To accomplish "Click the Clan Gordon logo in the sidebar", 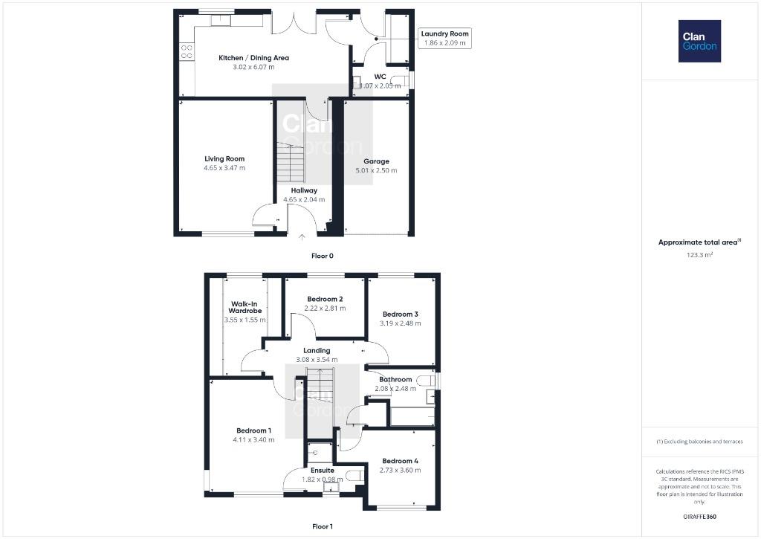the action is tap(699, 42).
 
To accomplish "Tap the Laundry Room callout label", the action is tap(444, 38).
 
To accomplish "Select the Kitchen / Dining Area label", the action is tap(254, 58).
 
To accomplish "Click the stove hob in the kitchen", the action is tap(187, 51).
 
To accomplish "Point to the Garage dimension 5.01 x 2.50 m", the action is tap(376, 170).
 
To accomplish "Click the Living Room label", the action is tap(224, 159).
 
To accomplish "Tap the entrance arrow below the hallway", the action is tap(302, 237).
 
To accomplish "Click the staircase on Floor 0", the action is tap(291, 162).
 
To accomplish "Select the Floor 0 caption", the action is tap(323, 256).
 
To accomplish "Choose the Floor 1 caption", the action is tap(323, 526).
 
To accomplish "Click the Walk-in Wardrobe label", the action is tap(245, 307).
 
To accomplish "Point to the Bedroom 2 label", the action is tap(326, 299).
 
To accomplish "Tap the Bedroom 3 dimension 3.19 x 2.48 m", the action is tap(401, 323).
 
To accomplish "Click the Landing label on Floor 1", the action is tap(317, 351).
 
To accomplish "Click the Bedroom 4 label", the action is tap(400, 461).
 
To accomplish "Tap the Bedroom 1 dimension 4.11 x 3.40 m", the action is tap(253, 440).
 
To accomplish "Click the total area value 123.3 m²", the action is tap(699, 254).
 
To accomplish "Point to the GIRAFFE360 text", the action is tap(699, 517).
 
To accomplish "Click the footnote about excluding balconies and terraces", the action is tap(699, 442).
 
